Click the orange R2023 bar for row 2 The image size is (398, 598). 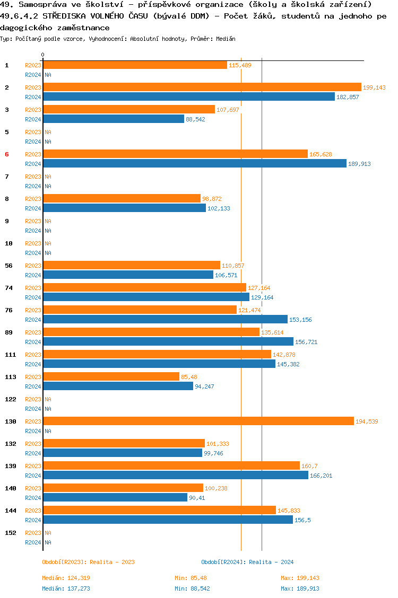[202, 87]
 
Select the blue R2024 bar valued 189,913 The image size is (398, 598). [195, 164]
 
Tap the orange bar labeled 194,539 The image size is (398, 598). [198, 421]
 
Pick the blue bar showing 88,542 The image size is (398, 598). [114, 119]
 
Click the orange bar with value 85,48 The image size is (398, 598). [111, 376]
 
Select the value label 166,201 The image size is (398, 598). [321, 476]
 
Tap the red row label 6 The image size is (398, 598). [7, 154]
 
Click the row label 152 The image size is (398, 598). [10, 533]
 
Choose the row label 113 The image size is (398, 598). [10, 377]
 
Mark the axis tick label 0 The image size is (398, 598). [43, 55]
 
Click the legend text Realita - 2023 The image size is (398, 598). [112, 562]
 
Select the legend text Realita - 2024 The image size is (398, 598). [271, 562]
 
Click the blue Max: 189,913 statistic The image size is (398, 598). [300, 588]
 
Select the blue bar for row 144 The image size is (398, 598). [168, 520]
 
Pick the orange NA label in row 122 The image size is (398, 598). [48, 399]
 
